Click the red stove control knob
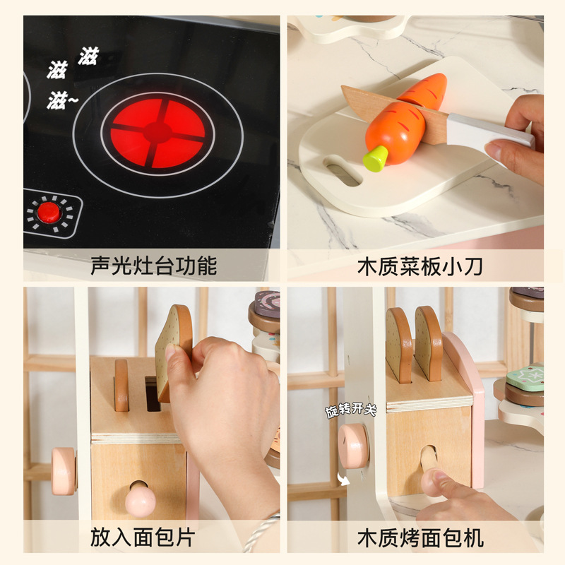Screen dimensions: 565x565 pyautogui.click(x=49, y=213)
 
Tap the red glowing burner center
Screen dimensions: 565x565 pyautogui.click(x=157, y=133)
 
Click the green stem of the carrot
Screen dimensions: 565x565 pyautogui.click(x=376, y=158)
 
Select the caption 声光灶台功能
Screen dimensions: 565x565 pyautogui.click(x=153, y=266)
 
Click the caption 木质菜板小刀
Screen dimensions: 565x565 pyautogui.click(x=420, y=267)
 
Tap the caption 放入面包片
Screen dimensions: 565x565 pyautogui.click(x=143, y=537)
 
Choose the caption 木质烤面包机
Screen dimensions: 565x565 pyautogui.click(x=420, y=538)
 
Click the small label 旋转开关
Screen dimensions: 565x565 pyautogui.click(x=350, y=410)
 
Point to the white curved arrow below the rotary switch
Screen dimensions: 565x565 pyautogui.click(x=343, y=480)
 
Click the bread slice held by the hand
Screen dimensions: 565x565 pyautogui.click(x=173, y=352)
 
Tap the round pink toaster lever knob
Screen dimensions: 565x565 pyautogui.click(x=140, y=500)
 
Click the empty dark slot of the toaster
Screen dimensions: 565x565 pyautogui.click(x=152, y=394)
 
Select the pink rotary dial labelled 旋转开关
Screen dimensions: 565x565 pyautogui.click(x=354, y=446)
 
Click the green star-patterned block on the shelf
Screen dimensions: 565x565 pyautogui.click(x=525, y=377)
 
